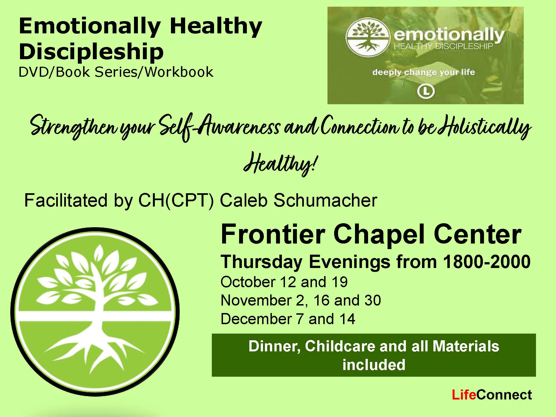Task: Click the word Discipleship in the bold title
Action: pos(91,52)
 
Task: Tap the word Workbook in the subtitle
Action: pos(179,72)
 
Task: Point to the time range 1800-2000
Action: pos(487,262)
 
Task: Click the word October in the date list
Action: pos(248,282)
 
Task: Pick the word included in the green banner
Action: pos(374,365)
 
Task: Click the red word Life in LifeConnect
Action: pos(464,395)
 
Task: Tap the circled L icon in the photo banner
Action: pos(426,91)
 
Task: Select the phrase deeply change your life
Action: pos(424,72)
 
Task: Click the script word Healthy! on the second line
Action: pos(280,163)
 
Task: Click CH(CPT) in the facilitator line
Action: pos(176,200)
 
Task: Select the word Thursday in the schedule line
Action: pos(262,262)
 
